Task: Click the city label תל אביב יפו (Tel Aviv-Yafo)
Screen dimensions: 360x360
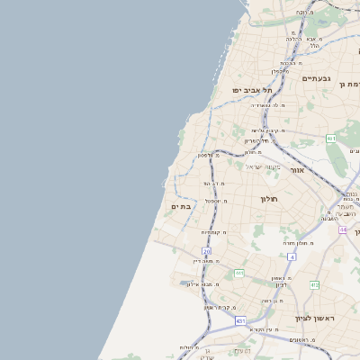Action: click(x=251, y=90)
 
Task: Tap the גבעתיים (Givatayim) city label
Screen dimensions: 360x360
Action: click(x=316, y=79)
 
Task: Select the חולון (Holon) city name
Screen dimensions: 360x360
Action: click(x=270, y=199)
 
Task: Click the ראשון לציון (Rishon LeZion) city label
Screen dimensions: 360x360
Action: click(x=314, y=319)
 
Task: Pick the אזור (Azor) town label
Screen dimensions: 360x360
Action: click(x=298, y=169)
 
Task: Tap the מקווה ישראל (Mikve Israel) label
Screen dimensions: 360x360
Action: click(x=263, y=167)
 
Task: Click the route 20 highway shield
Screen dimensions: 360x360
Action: click(x=207, y=251)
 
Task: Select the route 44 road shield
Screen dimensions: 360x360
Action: click(x=343, y=229)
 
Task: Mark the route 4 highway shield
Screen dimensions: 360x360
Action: click(x=292, y=256)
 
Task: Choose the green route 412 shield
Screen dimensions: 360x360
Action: click(x=314, y=284)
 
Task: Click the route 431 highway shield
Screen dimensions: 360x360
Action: click(x=240, y=320)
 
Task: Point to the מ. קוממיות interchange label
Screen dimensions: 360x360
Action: click(x=213, y=232)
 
